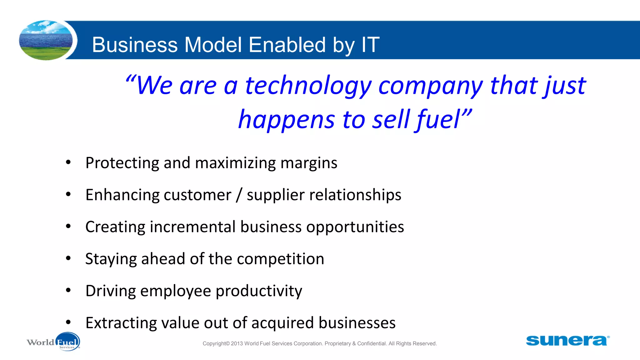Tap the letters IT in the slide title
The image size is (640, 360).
(x=370, y=45)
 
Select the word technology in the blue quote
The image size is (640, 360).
(x=308, y=86)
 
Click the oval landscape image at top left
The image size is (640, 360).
(x=46, y=40)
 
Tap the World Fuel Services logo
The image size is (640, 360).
(x=53, y=342)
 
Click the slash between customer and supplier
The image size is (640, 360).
(x=239, y=195)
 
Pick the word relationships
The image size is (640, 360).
(x=355, y=195)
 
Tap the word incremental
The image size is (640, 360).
(x=192, y=227)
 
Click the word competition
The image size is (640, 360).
(x=280, y=259)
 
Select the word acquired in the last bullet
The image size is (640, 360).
(x=282, y=323)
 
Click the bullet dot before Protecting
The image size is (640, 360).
(x=68, y=162)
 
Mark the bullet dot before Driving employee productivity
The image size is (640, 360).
(x=68, y=290)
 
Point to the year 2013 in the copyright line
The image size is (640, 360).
(x=237, y=343)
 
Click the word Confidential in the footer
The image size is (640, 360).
(x=372, y=343)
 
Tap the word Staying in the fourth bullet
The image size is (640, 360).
(x=111, y=259)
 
